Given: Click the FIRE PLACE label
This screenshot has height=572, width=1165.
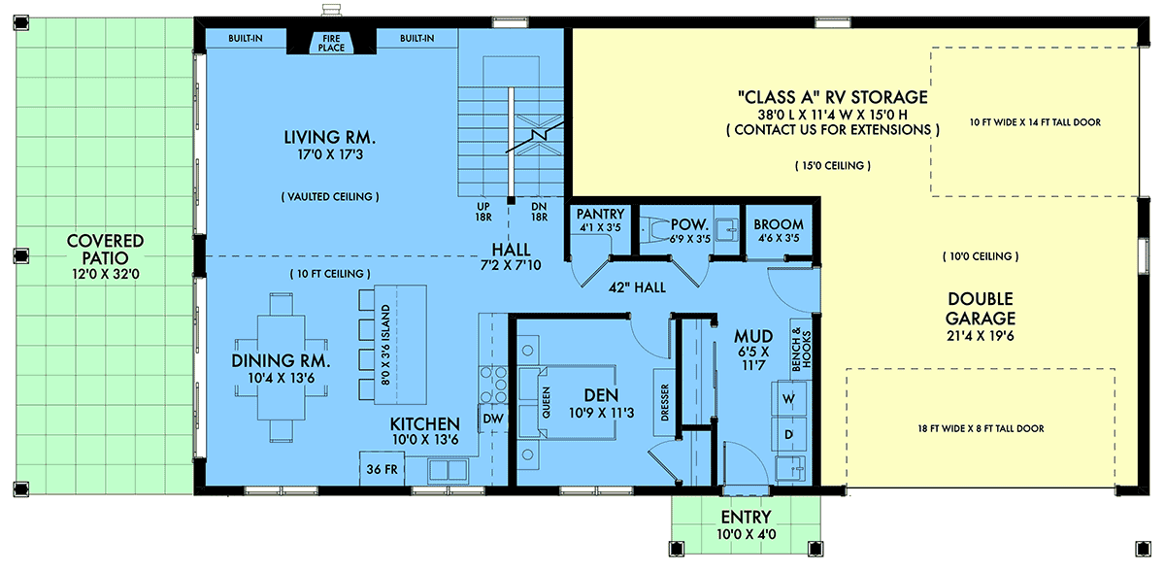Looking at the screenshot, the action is point(331,43).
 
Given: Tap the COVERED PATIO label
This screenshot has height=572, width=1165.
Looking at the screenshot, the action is point(106,250).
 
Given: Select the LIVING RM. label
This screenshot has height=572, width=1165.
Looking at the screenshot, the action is point(330,137).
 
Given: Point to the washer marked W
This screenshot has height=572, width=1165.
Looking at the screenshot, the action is point(788,399).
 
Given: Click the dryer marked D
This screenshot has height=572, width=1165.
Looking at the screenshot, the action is point(788,434).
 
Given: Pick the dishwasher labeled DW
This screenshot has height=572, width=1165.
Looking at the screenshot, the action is point(493,419).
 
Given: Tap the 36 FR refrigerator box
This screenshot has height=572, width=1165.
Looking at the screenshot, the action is point(383,468).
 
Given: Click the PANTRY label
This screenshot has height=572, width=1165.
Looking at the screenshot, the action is point(600,214).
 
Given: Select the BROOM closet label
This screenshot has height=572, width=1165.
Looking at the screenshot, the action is point(779,224).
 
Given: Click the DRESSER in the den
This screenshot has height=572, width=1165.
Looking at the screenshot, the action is point(664,402).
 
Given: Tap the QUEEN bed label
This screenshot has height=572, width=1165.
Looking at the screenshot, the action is point(546,402).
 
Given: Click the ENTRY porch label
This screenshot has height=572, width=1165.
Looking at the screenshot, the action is point(746,517).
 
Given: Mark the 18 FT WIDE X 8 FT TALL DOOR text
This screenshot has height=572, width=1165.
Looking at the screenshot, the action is point(981,429).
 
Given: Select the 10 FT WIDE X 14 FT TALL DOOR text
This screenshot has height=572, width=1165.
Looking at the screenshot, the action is point(1035,122).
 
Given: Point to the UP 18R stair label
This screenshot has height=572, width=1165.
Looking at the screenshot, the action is point(483,212).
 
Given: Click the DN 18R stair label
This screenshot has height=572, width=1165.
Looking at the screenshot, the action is point(540,212).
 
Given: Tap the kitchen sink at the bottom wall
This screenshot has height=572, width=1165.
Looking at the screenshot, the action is point(448,470).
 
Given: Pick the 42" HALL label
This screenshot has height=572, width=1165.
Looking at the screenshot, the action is point(637,287).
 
